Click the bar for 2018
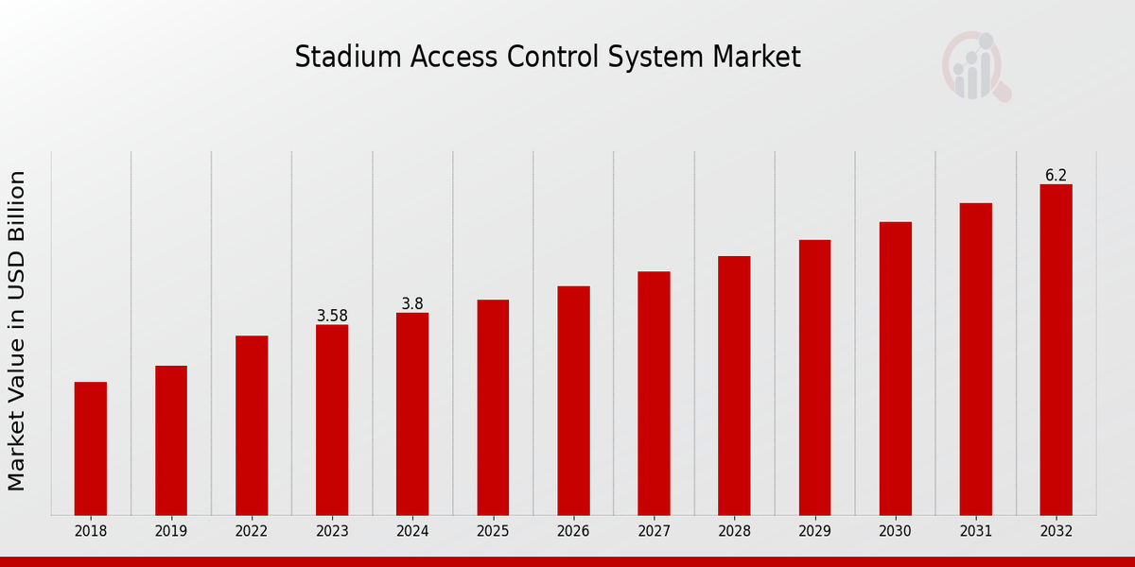91,449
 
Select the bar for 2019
171,440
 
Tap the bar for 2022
252,425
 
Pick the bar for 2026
573,401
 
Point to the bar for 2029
814,378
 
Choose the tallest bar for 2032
1056,350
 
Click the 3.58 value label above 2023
332,316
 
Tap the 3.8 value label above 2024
412,303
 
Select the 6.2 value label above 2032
1056,175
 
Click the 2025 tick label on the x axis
493,532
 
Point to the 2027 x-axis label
654,532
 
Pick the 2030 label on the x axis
895,532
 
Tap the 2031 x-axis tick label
975,532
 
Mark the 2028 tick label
734,532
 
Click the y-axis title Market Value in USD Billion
16,331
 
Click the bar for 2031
975,359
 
